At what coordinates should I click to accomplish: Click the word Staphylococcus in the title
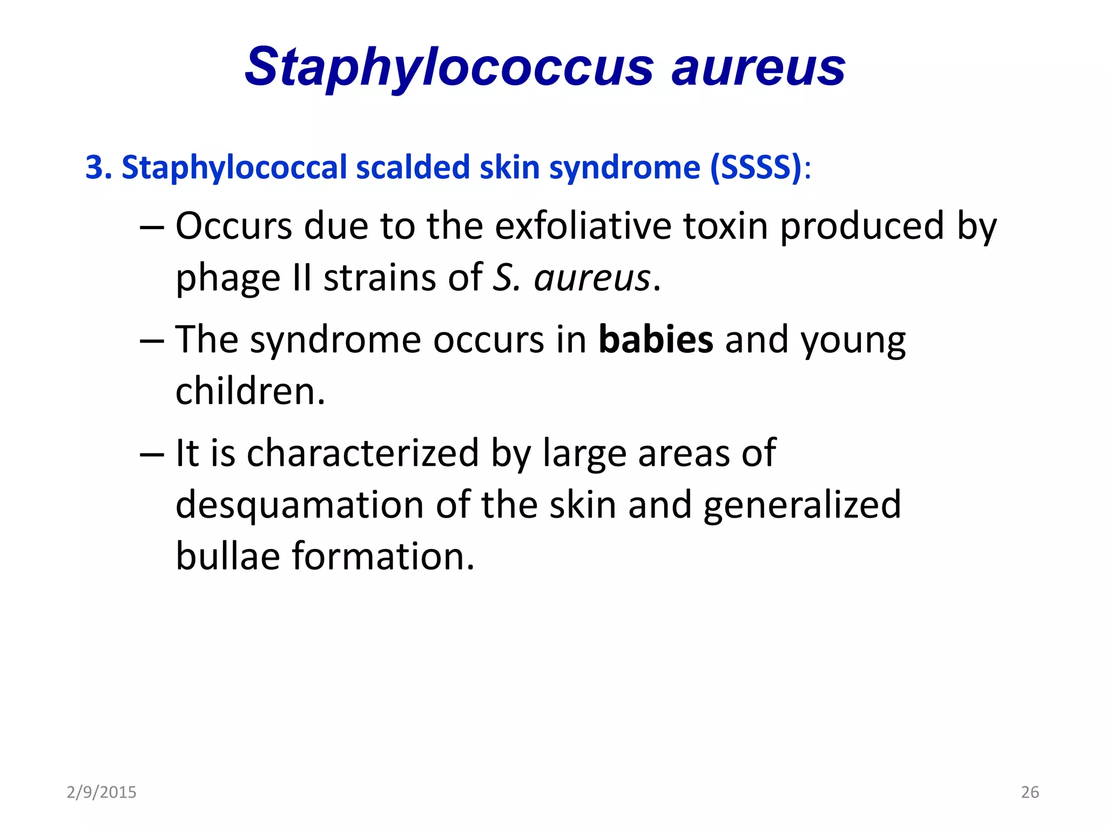click(448, 68)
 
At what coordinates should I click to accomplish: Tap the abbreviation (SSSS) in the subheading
click(756, 168)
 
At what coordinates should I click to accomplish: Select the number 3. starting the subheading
click(98, 168)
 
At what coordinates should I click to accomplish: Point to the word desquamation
click(300, 505)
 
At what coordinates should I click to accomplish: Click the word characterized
click(362, 453)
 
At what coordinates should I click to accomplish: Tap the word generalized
click(802, 505)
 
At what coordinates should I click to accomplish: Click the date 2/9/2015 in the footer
click(102, 792)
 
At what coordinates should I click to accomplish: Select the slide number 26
click(1030, 792)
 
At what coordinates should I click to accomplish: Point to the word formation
click(383, 556)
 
